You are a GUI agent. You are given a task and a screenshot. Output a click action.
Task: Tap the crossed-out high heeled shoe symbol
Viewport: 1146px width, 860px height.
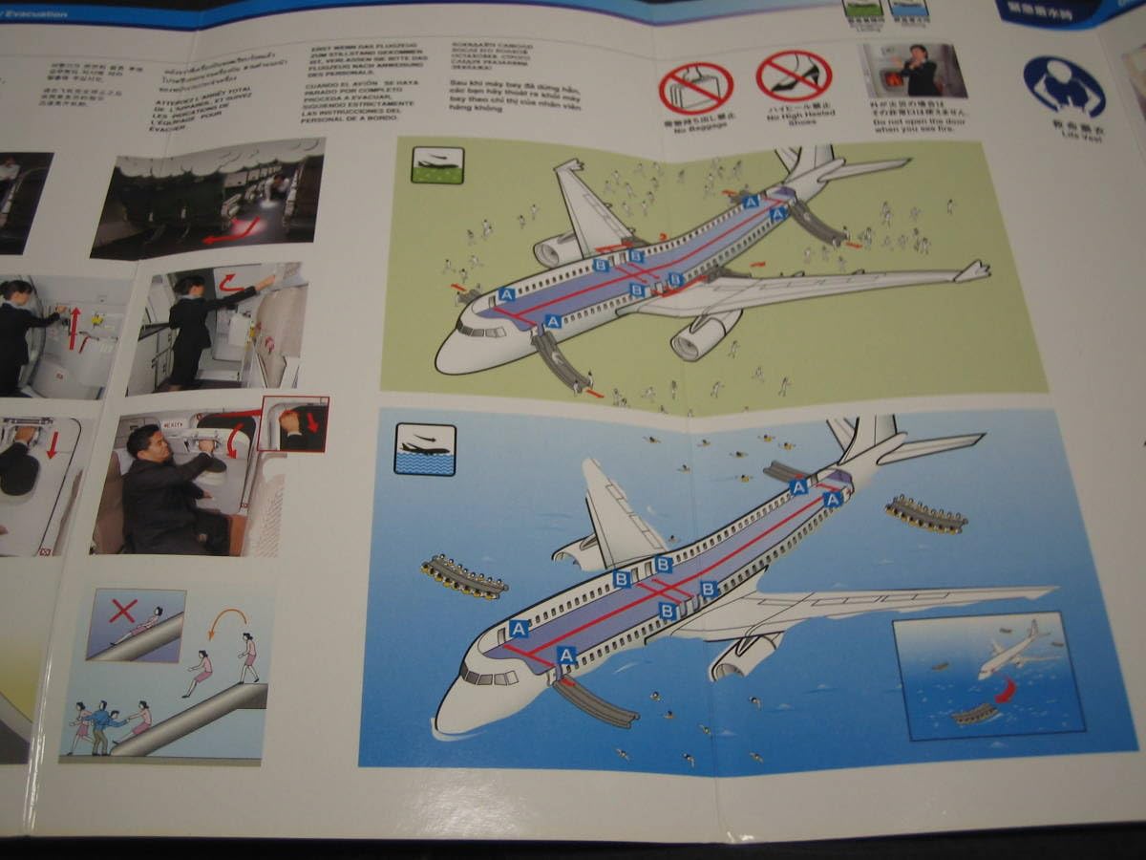794,76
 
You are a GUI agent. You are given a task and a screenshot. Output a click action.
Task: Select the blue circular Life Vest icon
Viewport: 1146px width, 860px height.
1064,86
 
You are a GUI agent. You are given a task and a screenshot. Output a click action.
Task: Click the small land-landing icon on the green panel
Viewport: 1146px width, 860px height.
437,164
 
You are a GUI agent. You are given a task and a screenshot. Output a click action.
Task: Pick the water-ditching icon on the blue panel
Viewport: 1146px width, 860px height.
425,449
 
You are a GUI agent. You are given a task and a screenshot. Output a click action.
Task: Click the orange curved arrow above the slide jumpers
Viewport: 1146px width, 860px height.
227,623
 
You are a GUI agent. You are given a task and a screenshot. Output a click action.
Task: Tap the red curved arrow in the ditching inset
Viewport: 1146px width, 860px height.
1006,689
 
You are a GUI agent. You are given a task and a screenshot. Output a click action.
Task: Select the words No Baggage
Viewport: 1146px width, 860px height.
695,130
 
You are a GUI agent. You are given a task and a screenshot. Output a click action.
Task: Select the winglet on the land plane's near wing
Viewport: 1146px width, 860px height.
972,271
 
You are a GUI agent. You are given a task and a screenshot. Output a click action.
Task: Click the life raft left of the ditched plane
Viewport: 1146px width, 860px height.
464,577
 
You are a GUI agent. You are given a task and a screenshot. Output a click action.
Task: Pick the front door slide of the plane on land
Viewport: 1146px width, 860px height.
562,360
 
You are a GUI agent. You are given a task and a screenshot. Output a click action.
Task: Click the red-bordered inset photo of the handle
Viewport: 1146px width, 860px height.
293,423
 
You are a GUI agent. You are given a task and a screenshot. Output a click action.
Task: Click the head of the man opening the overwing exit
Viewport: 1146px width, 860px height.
144,443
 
